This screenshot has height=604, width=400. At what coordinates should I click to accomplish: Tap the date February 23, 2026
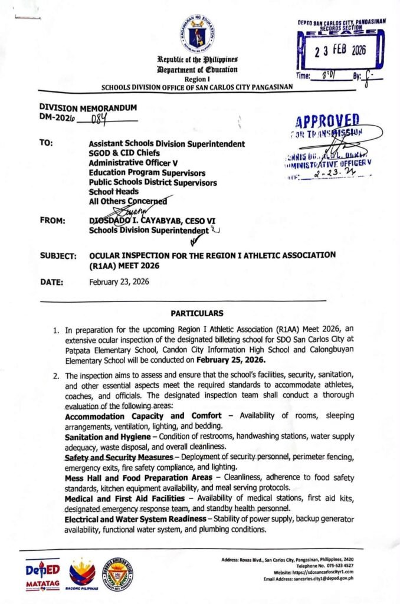(x=119, y=282)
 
